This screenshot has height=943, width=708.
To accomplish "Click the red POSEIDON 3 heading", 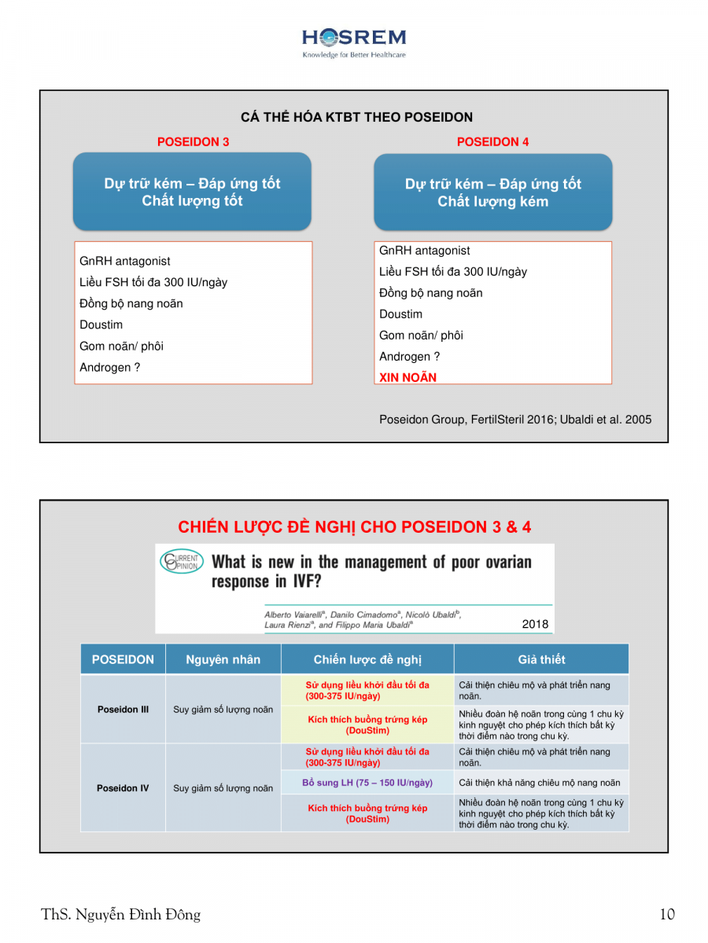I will [x=194, y=142].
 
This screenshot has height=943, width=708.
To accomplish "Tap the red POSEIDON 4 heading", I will [x=492, y=142].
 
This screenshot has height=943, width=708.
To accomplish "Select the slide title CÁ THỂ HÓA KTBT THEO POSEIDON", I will [x=356, y=117].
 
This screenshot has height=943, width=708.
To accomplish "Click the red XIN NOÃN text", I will [x=407, y=377].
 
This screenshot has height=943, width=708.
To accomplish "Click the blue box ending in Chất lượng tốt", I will [x=192, y=192].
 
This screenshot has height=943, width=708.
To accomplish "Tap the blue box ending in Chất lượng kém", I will [x=492, y=193].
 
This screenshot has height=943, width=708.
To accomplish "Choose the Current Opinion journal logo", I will [x=181, y=562].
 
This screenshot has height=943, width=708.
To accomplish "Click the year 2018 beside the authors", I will [x=535, y=625].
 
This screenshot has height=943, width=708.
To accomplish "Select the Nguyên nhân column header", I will [x=223, y=659].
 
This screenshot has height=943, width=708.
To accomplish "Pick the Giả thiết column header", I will [x=541, y=659].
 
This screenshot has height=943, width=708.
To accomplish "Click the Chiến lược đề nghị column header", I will [x=367, y=659].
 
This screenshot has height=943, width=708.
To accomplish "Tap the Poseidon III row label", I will [x=123, y=709].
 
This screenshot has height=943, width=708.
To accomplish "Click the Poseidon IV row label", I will [x=123, y=787].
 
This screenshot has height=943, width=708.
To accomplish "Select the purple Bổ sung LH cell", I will [x=367, y=783].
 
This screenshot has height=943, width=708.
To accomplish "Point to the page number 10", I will [x=667, y=914].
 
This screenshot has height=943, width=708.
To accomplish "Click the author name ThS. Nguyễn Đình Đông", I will [x=121, y=914].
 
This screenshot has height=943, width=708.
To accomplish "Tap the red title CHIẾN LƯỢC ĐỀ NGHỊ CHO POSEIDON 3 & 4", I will [x=354, y=527].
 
